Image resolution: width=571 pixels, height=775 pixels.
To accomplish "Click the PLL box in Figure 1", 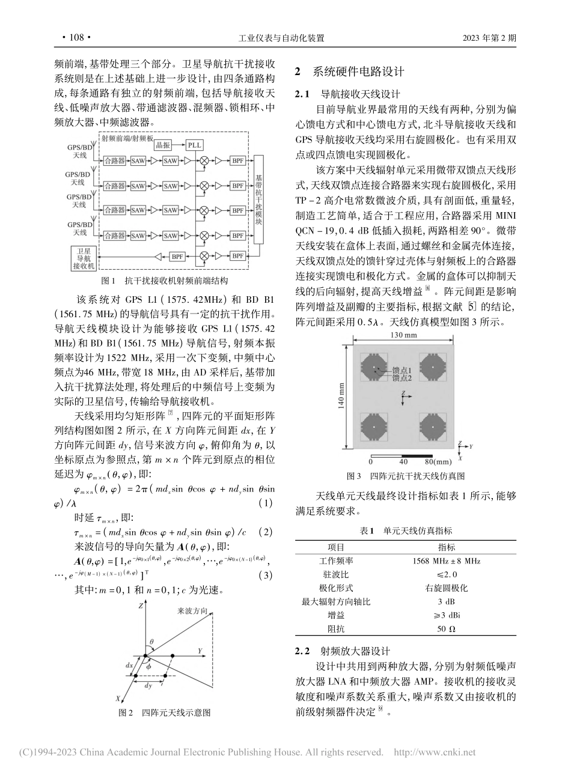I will [x=194, y=145].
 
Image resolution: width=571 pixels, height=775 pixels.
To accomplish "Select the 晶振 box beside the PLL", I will [x=162, y=145].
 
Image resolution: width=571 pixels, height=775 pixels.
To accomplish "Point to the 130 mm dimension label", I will [x=400, y=335].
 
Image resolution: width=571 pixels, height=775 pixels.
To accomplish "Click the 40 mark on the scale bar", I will [x=403, y=462].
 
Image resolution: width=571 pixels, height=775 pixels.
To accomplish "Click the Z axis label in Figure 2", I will [x=140, y=607].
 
